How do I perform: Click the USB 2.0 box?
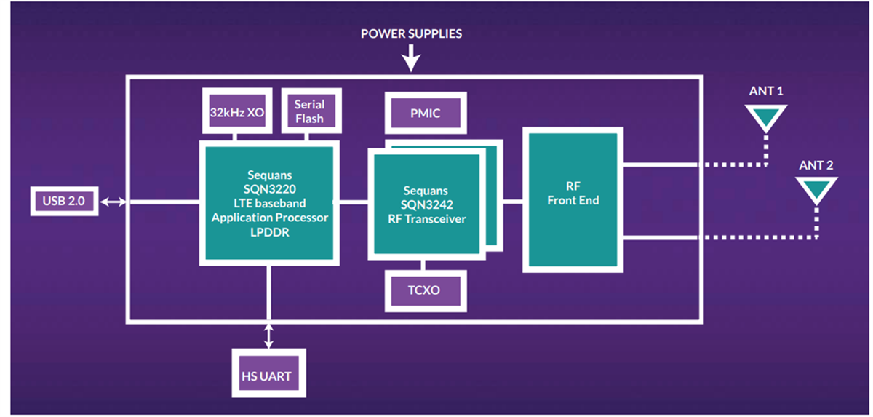(x=64, y=202)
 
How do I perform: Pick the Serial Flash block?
(x=309, y=111)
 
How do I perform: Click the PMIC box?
(x=425, y=114)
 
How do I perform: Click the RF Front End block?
(x=573, y=200)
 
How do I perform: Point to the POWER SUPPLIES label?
(x=411, y=33)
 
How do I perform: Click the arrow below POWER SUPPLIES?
(x=411, y=58)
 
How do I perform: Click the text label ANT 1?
(x=765, y=92)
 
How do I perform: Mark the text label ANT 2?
(x=816, y=165)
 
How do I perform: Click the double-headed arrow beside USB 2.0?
(x=113, y=202)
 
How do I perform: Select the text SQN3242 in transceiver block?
(x=426, y=204)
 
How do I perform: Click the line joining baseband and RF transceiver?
(x=354, y=202)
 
